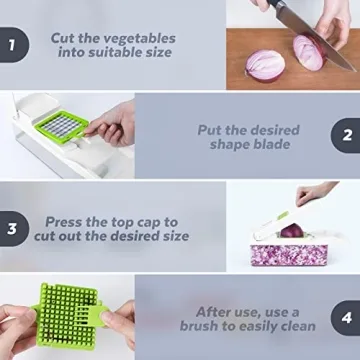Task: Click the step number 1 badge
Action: click(12, 46)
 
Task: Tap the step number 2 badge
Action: click(346, 136)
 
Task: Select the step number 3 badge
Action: click(12, 228)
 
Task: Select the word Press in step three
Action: click(66, 221)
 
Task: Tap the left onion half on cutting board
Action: click(266, 66)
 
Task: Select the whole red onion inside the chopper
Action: click(289, 231)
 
